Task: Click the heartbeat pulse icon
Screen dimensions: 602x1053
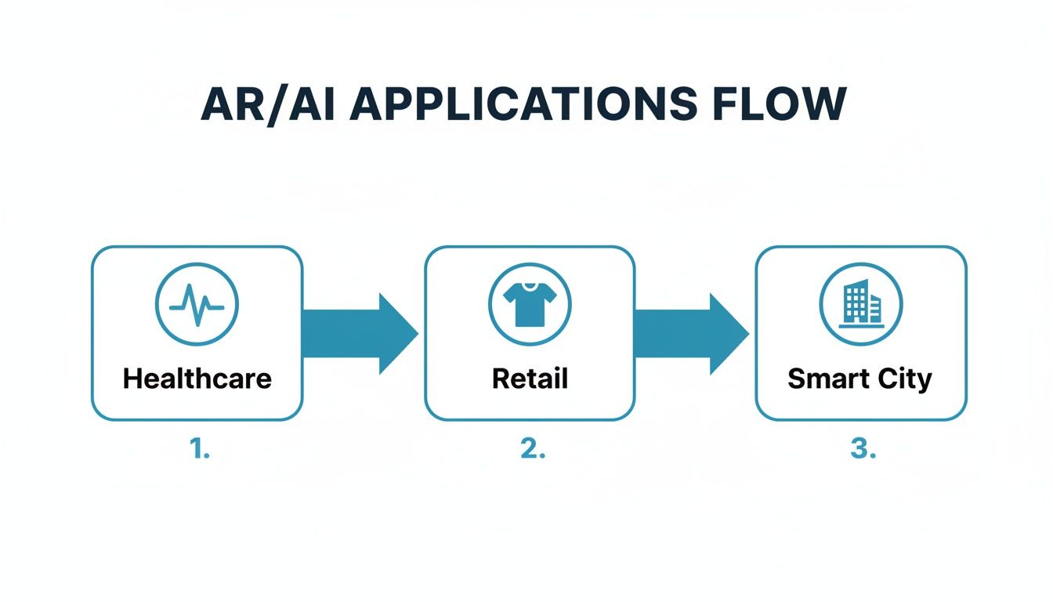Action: tap(197, 304)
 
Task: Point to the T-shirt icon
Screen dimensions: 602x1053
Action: tap(530, 303)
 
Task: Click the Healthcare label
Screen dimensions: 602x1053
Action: tap(197, 379)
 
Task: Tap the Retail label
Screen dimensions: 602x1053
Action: tap(530, 379)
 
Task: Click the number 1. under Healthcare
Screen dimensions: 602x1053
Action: tap(199, 450)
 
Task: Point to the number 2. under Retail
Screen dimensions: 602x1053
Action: tap(531, 450)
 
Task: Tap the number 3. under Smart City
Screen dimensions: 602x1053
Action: tap(863, 450)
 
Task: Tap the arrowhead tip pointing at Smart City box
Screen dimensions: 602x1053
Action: tap(747, 334)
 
